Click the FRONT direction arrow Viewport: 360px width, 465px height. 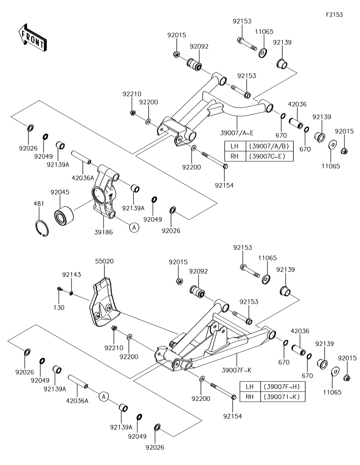[x=32, y=38]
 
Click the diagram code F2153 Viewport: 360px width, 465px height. [x=334, y=15]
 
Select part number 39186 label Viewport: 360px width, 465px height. [x=103, y=232]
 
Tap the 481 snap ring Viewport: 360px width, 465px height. [x=42, y=228]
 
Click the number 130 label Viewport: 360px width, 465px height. [x=59, y=307]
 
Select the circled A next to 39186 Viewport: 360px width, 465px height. [x=134, y=227]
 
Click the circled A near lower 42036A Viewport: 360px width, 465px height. [x=104, y=397]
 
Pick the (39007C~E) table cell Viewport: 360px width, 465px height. [x=270, y=156]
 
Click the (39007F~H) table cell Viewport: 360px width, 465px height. [x=283, y=387]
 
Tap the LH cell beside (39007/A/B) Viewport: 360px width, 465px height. [x=235, y=146]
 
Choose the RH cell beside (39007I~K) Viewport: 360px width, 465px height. [x=250, y=397]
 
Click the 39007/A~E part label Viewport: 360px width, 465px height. [x=237, y=133]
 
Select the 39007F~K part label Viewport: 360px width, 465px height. [x=237, y=370]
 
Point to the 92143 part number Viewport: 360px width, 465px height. [x=72, y=275]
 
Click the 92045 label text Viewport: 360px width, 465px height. [x=60, y=192]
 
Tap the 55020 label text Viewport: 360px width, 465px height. [x=104, y=261]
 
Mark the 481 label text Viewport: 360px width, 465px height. [x=39, y=203]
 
